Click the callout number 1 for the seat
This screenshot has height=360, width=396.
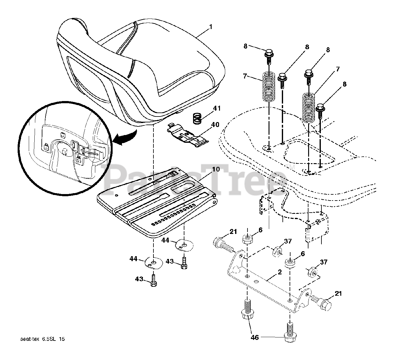pyautogui.click(x=211, y=27)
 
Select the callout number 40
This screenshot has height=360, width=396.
pyautogui.click(x=215, y=125)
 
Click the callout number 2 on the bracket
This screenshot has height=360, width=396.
pyautogui.click(x=279, y=272)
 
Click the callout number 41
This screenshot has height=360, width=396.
pyautogui.click(x=217, y=108)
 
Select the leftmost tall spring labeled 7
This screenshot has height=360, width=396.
pyautogui.click(x=269, y=86)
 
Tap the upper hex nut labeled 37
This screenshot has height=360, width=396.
pyautogui.click(x=276, y=252)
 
